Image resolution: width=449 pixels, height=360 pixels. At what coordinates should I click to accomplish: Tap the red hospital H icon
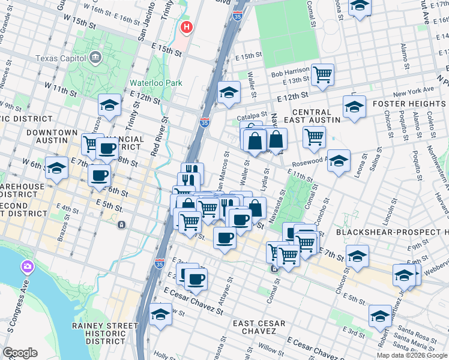[x=187, y=28]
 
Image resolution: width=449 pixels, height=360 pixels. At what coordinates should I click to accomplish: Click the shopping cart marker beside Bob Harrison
[x=322, y=74]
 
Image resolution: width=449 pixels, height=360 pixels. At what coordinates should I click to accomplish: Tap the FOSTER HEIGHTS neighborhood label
[x=410, y=103]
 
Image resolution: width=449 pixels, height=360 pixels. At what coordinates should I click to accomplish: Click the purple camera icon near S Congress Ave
[x=27, y=266]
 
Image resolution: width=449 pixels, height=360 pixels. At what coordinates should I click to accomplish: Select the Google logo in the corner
[x=20, y=353]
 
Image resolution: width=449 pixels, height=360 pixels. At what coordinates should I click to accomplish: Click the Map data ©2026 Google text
[x=412, y=355]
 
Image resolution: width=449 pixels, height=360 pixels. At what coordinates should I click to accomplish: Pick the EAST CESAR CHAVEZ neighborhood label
[x=267, y=328]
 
